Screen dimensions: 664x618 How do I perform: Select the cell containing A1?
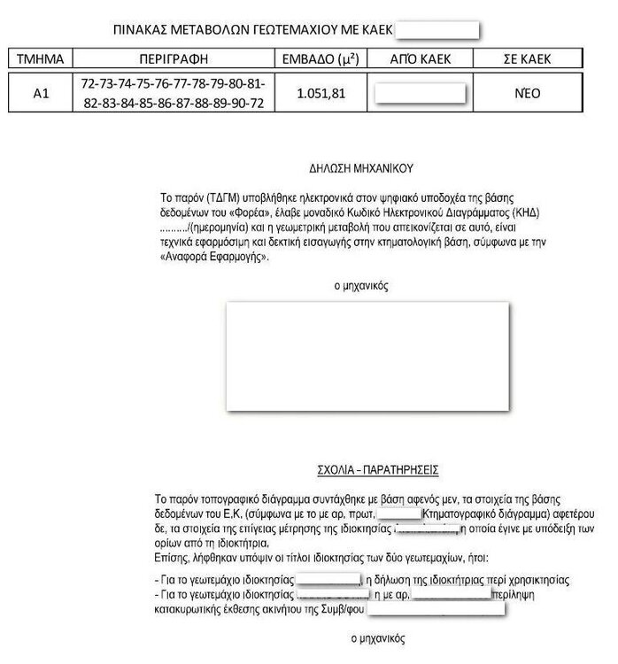[x=41, y=93]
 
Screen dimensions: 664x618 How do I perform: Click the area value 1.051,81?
[x=319, y=93]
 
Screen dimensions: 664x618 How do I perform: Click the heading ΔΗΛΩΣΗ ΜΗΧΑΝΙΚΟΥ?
[x=362, y=166]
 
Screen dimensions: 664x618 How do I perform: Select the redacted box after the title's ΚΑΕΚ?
[x=436, y=30]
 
